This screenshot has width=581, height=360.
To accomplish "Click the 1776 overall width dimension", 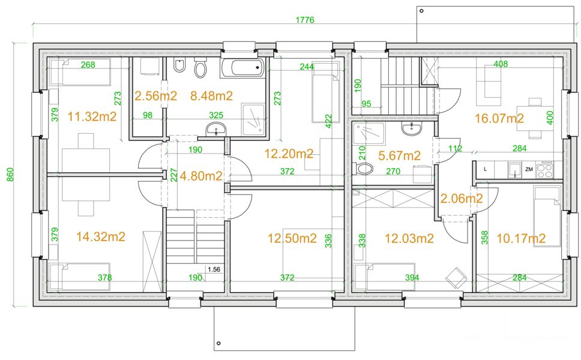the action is (x=304, y=20).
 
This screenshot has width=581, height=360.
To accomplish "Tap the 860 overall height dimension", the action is (x=10, y=175).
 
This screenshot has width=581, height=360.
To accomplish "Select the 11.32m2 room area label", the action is (x=92, y=116).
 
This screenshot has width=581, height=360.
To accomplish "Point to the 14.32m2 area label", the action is (x=101, y=236).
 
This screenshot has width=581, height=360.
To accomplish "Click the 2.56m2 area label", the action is (x=155, y=96).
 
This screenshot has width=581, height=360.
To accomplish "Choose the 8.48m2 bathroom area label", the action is (x=211, y=96).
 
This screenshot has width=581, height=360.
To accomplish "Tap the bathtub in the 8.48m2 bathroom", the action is (x=242, y=68).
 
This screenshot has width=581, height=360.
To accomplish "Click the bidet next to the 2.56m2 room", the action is (x=179, y=66).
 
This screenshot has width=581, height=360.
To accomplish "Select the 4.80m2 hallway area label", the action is (x=201, y=176).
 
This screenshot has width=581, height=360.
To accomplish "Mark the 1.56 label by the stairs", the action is (x=214, y=269).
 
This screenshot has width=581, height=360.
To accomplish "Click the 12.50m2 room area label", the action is (x=292, y=239).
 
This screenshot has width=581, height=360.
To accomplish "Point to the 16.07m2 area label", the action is (x=499, y=119).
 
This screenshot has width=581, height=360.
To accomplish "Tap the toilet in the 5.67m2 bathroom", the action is (x=364, y=169).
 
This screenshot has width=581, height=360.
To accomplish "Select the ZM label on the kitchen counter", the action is (x=529, y=169).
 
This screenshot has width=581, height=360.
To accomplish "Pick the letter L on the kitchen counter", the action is (x=486, y=169).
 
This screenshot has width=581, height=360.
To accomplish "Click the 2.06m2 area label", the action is (x=462, y=199).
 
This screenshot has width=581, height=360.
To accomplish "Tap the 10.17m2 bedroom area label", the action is (x=520, y=239).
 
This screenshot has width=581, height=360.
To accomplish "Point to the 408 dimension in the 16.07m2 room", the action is (x=500, y=64).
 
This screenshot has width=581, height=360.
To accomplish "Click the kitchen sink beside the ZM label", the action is (x=515, y=170).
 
